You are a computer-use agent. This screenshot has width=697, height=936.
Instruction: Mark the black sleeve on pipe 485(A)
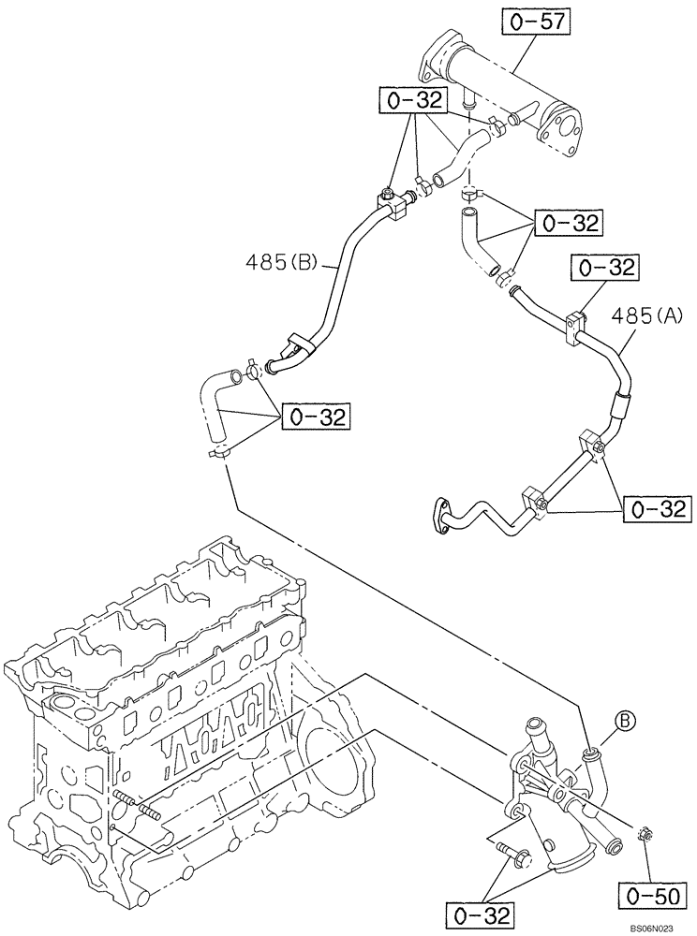click(x=620, y=405)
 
